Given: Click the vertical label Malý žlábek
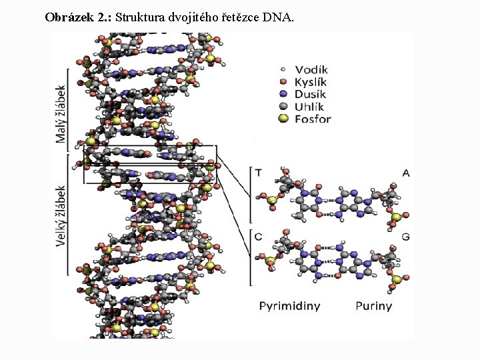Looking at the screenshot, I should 61,113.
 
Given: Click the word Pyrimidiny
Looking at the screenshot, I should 289,306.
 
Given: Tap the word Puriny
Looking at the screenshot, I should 373,306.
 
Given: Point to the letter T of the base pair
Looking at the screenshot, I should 258,173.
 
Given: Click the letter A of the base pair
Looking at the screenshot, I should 405,173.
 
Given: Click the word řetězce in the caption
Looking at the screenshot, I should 240,17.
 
